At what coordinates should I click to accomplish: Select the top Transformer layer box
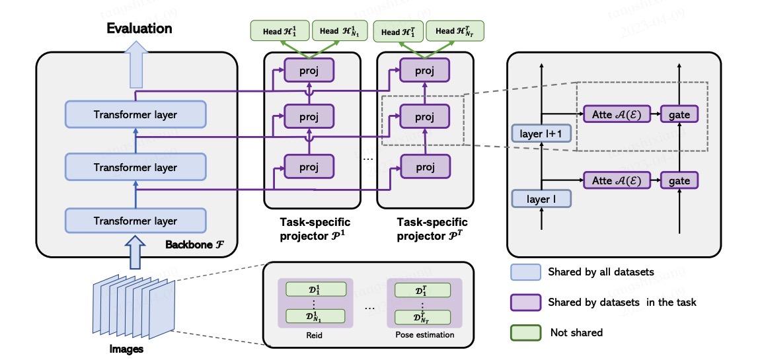135,115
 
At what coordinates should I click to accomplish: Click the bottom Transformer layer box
135,221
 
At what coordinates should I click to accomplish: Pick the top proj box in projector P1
310,71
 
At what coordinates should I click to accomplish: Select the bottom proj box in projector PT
425,167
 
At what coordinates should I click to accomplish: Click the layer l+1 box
540,134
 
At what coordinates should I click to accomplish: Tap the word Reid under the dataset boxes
315,335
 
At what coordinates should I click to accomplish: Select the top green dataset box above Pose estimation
422,289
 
